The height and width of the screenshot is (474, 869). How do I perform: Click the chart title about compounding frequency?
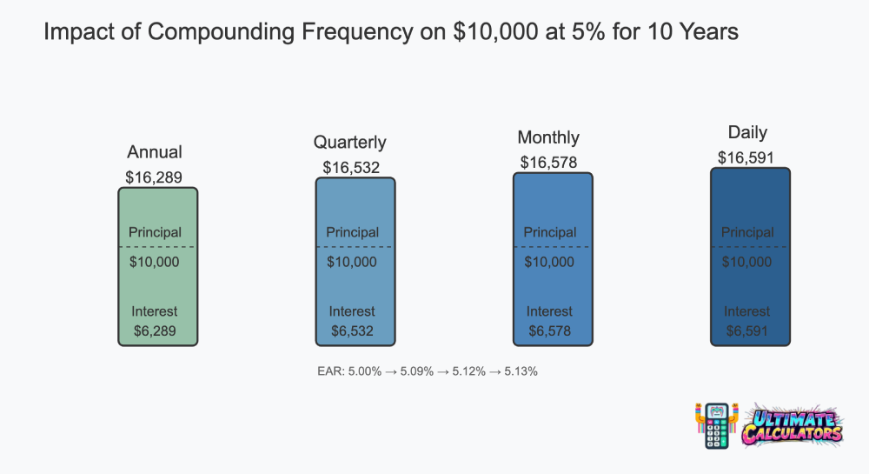pyautogui.click(x=391, y=31)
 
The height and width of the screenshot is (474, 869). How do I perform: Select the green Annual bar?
pyautogui.click(x=158, y=267)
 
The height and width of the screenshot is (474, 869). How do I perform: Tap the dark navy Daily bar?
pyautogui.click(x=751, y=257)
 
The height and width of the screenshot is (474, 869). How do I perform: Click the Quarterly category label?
pyautogui.click(x=349, y=143)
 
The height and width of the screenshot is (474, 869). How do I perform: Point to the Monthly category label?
pyautogui.click(x=548, y=137)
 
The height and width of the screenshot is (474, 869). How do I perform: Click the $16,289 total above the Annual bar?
pyautogui.click(x=154, y=177)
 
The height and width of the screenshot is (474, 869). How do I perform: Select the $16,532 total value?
pyautogui.click(x=351, y=168)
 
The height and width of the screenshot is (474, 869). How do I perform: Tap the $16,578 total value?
pyautogui.click(x=548, y=163)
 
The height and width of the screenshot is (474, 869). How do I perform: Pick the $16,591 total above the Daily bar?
pyautogui.click(x=746, y=158)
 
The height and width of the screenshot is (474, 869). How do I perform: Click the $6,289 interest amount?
pyautogui.click(x=155, y=331)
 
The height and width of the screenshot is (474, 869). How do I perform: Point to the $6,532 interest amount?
pyautogui.click(x=352, y=331)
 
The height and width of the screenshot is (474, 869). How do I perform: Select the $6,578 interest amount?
pyautogui.click(x=549, y=331)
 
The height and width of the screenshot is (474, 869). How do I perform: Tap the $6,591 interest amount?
pyautogui.click(x=746, y=331)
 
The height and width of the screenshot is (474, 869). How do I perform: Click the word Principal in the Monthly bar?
pyautogui.click(x=550, y=232)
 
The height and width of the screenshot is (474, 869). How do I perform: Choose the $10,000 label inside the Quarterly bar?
pyautogui.click(x=351, y=262)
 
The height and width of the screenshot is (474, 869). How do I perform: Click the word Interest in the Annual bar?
pyautogui.click(x=154, y=311)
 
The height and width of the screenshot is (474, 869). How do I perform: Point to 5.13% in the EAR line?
pyautogui.click(x=521, y=371)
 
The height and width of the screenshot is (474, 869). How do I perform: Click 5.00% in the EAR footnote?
pyautogui.click(x=365, y=371)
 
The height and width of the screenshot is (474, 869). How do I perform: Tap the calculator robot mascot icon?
pyautogui.click(x=717, y=426)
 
